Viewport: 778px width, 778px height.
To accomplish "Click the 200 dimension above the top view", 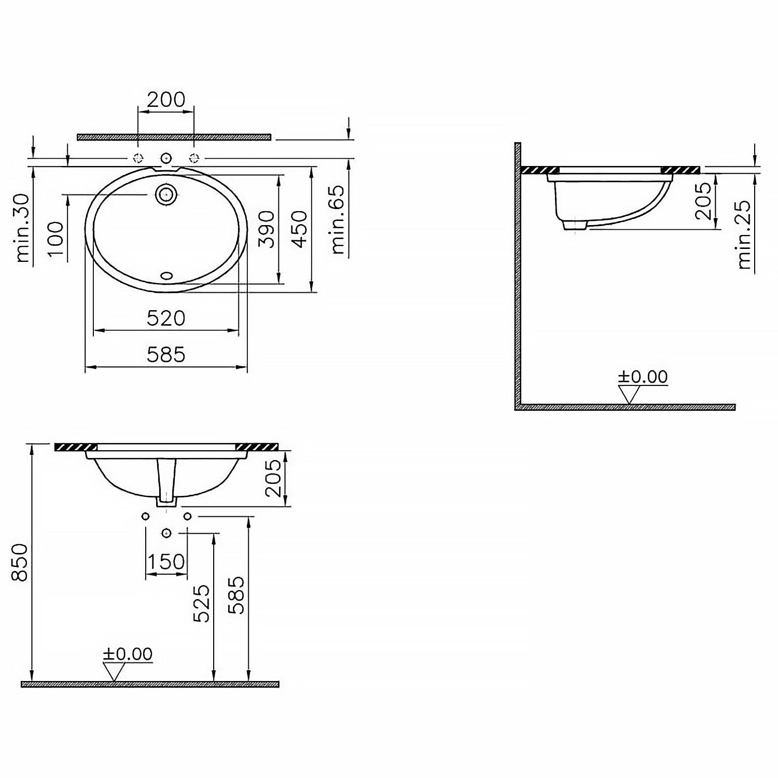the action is click(166, 99).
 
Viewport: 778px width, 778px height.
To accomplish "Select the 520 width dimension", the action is click(166, 318).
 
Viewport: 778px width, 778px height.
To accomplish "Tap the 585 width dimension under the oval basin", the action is click(166, 355).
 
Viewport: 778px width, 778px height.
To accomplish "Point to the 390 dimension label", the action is click(266, 229).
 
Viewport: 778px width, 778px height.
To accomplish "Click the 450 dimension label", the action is click(299, 229).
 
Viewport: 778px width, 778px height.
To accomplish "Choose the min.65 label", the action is click(337, 219).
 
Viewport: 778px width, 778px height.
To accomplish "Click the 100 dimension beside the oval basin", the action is click(55, 239).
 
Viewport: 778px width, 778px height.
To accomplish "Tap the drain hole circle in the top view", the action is click(166, 195).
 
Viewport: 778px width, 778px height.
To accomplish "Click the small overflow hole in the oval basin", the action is click(166, 276).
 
